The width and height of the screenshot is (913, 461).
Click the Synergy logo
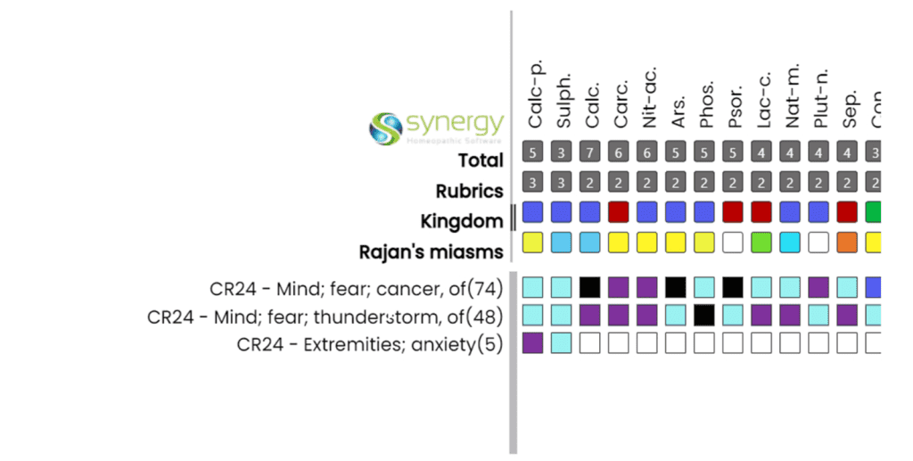tap(436, 128)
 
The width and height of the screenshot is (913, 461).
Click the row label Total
tap(481, 161)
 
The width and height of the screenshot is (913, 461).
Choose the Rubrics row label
tap(469, 191)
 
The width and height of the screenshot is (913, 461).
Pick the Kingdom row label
tap(462, 220)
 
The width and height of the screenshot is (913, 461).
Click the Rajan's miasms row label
tap(431, 251)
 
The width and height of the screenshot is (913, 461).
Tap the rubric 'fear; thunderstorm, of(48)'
tap(325, 317)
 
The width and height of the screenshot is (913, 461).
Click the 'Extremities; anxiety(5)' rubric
tap(370, 344)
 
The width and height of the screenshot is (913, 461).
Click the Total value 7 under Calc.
tap(590, 152)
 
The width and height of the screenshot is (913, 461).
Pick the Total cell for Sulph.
tap(562, 152)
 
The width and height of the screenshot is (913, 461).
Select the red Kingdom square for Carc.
tap(619, 212)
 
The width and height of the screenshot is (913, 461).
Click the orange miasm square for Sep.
tap(849, 242)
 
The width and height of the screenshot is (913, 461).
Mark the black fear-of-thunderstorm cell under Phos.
tap(705, 315)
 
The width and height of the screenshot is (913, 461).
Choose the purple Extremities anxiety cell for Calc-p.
tap(533, 342)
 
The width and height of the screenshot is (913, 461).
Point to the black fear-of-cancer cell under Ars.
tap(677, 287)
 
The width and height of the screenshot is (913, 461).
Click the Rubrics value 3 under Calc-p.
tap(533, 183)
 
